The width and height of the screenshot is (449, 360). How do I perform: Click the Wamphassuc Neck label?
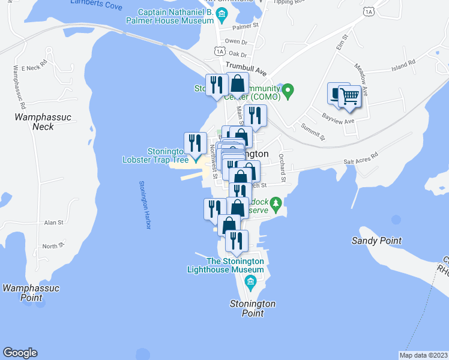(x=34, y=122)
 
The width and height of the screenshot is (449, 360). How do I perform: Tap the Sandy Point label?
(x=376, y=241)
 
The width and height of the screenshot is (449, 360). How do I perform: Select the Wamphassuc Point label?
(x=31, y=293)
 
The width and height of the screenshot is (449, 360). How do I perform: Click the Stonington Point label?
(x=253, y=308)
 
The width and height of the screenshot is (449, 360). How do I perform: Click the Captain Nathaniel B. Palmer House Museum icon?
(x=222, y=13)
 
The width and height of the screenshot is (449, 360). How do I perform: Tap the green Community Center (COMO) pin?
(x=288, y=91)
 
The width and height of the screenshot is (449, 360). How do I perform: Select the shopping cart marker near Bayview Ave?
(x=349, y=96)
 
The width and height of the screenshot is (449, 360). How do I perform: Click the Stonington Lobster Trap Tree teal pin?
(x=195, y=158)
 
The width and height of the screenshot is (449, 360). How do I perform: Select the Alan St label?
(x=53, y=222)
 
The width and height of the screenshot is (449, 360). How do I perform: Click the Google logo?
(x=20, y=353)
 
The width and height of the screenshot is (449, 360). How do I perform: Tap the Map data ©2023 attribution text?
(x=423, y=355)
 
